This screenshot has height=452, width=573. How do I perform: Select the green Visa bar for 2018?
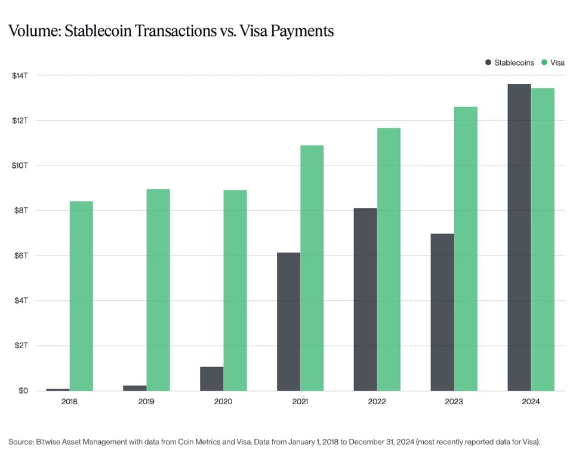click(81, 296)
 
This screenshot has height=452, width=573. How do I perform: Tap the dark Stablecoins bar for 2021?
click(288, 322)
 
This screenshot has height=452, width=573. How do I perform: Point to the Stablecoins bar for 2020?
click(211, 379)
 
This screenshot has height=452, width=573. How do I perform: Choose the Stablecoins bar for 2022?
click(365, 300)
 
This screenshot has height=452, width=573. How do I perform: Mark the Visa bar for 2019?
click(158, 290)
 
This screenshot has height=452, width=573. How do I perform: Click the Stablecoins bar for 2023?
click(442, 312)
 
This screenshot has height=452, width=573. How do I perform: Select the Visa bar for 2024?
click(543, 239)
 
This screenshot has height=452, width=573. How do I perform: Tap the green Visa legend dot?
click(544, 62)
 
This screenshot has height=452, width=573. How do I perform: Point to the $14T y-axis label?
click(19, 75)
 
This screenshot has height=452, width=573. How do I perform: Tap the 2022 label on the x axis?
click(377, 402)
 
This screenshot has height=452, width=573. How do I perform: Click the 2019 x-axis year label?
click(146, 402)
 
